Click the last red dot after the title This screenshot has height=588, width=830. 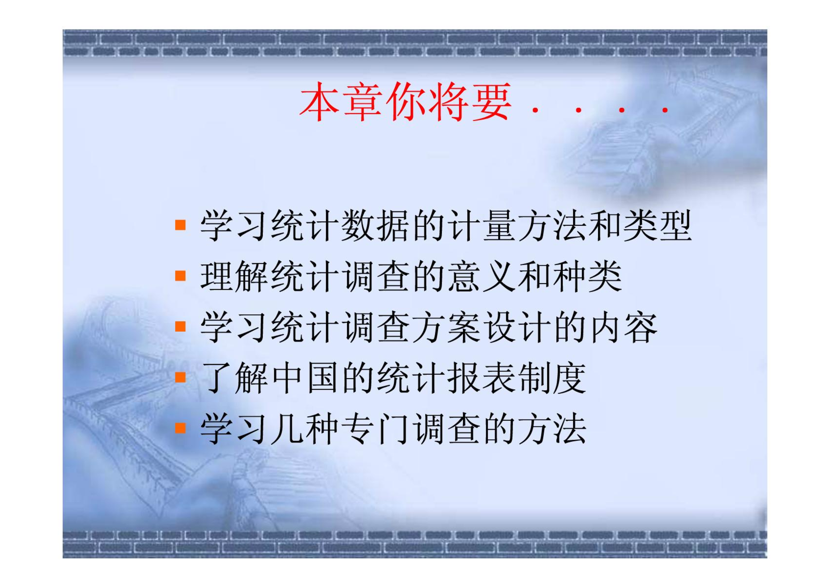click(x=665, y=110)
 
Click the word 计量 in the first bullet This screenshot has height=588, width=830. click(x=482, y=226)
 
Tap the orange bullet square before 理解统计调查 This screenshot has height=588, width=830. click(x=180, y=276)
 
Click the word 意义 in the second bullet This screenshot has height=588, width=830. click(x=482, y=276)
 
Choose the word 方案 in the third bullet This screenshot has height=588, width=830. click(x=446, y=327)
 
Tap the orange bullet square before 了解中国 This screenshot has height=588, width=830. click(x=180, y=377)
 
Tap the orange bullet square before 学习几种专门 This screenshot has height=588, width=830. click(x=180, y=428)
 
